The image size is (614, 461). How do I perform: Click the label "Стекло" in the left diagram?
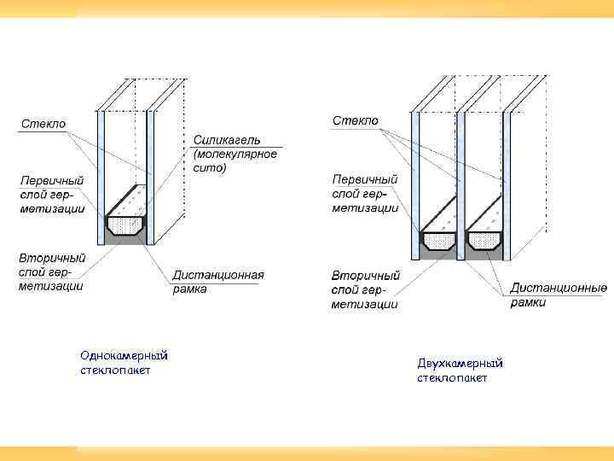point(43,124)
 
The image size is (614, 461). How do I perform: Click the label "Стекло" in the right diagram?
point(356,121)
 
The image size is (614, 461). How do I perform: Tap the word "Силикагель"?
point(227,139)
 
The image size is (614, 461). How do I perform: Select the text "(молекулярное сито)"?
point(235,161)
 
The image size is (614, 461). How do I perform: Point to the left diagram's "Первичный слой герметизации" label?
point(53,195)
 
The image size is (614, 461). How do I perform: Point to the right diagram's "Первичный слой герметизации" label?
point(365,193)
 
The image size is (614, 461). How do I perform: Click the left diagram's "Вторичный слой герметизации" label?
point(52,271)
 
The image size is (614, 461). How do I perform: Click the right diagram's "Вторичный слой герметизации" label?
point(365,289)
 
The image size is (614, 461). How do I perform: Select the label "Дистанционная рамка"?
point(218,282)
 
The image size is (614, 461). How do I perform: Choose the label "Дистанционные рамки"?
point(559,295)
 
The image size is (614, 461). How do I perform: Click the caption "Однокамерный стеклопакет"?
point(124,362)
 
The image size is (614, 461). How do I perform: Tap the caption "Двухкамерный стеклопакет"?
point(460,371)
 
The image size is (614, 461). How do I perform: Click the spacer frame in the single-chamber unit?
point(125,225)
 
